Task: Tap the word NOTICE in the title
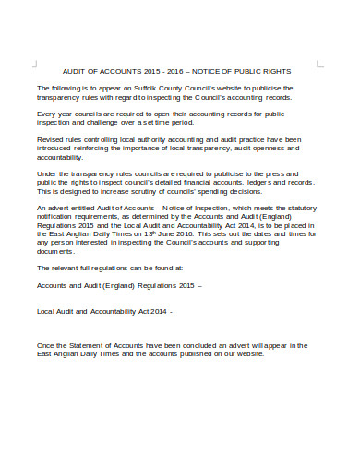coord(221,71)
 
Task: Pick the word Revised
coord(50,140)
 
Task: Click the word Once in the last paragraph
coord(45,345)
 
